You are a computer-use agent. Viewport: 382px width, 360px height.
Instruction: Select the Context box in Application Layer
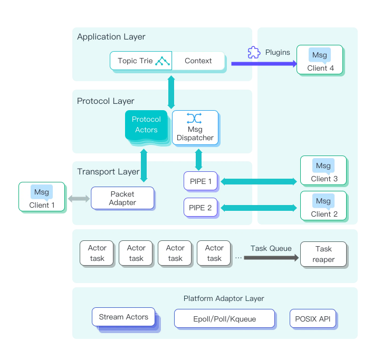(198, 61)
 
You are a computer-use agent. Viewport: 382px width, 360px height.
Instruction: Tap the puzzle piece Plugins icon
(254, 52)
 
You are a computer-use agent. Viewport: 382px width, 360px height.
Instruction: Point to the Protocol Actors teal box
(146, 124)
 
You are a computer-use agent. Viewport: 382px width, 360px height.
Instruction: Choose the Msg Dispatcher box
(195, 127)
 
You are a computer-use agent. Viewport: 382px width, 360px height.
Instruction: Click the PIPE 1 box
(200, 182)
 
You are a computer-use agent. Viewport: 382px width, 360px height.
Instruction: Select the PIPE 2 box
(200, 208)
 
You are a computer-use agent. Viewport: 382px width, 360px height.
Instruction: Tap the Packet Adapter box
(122, 198)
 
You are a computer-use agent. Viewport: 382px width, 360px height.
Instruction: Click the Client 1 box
(42, 197)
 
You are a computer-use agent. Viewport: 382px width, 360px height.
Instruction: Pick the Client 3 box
(323, 170)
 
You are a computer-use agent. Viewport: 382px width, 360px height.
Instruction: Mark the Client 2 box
(323, 206)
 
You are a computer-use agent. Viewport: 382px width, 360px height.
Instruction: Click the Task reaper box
(323, 254)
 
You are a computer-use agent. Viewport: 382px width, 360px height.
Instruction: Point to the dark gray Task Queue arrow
(271, 258)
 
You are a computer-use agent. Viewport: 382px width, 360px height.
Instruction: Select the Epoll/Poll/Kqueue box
(225, 319)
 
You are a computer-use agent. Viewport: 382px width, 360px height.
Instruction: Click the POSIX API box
(313, 319)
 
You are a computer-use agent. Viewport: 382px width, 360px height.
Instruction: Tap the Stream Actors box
(123, 317)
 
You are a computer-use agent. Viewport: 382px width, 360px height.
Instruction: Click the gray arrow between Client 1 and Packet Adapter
(79, 199)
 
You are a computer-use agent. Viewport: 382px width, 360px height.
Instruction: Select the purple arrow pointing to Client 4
(263, 64)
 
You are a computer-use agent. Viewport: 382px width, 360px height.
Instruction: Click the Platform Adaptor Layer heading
(224, 298)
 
